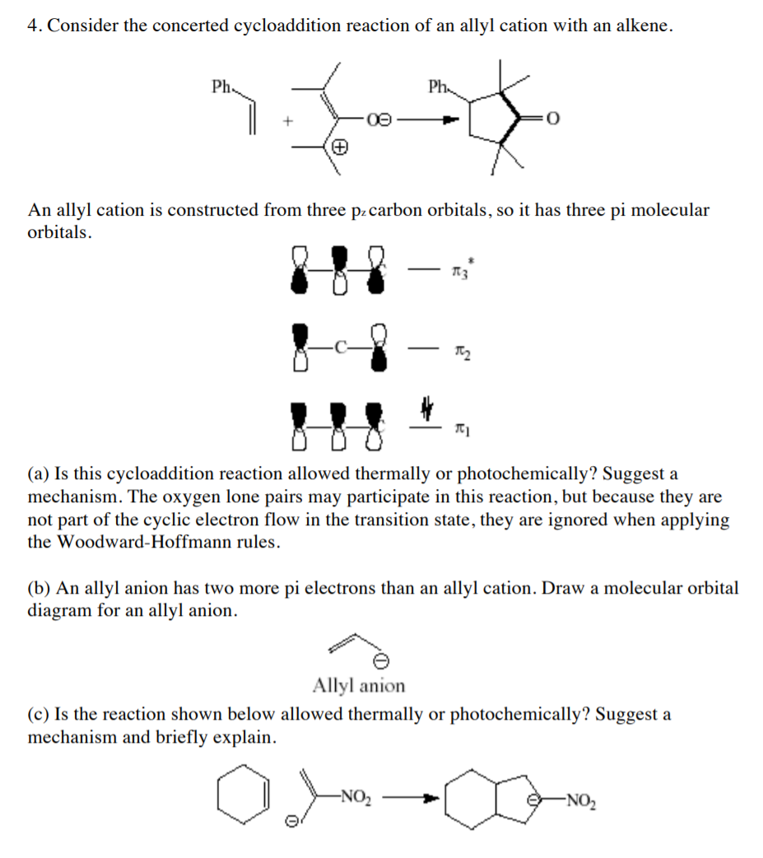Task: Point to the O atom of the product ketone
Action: point(552,120)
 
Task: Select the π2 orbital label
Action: point(459,352)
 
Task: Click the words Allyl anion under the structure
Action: point(359,685)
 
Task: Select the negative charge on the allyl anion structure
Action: point(380,661)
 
